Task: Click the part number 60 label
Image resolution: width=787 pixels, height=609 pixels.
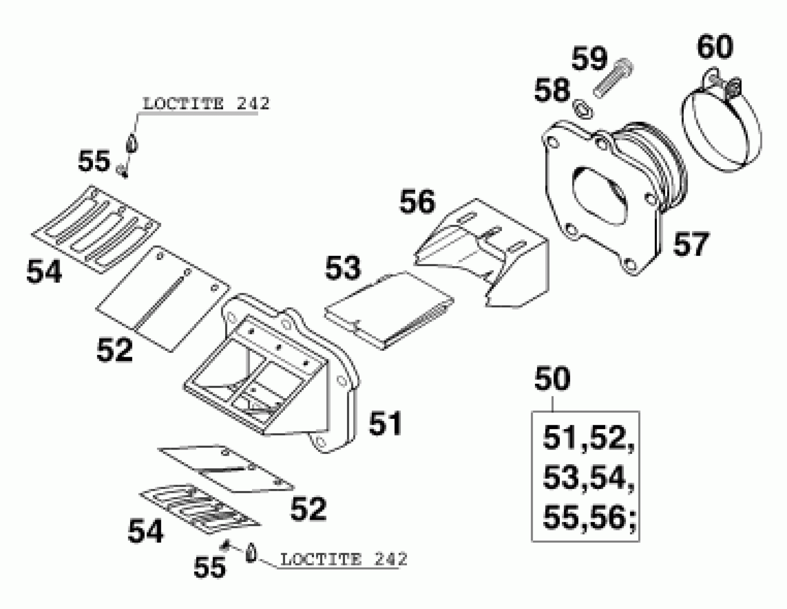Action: (x=715, y=47)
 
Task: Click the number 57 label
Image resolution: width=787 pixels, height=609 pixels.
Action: (x=691, y=244)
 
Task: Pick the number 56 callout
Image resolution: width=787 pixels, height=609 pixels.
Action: (x=417, y=202)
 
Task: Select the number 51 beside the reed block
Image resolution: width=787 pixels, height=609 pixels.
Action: (x=385, y=423)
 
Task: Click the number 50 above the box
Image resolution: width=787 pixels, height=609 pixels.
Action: (x=552, y=379)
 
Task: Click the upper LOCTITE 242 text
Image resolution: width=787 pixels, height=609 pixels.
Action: (x=206, y=104)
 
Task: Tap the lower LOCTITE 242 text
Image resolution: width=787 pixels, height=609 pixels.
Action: (x=343, y=560)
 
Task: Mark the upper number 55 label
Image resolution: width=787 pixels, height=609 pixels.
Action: (x=94, y=161)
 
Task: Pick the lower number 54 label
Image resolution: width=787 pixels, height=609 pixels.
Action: (x=145, y=531)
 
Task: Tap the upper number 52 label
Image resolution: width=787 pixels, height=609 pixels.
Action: (x=114, y=350)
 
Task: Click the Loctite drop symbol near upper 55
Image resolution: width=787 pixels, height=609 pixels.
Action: (x=132, y=144)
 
